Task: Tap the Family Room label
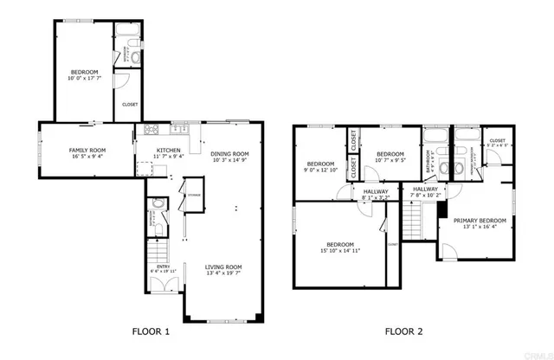tap(87, 151)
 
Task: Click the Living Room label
tap(223, 267)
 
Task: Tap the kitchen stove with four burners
tap(152, 131)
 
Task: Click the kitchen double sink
tap(182, 131)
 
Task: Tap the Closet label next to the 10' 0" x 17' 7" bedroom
tap(129, 104)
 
